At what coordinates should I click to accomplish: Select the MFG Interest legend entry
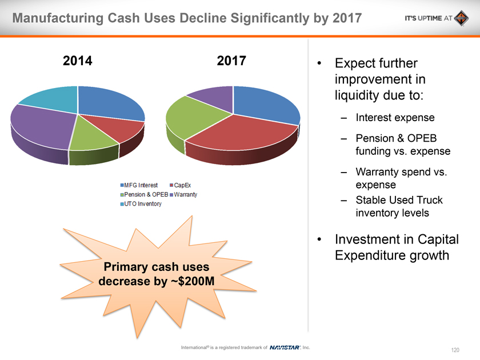pos(140,186)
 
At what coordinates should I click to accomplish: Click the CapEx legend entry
pos(181,186)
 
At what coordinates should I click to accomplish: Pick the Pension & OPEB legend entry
pos(143,195)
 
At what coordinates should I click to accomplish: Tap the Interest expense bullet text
pos(395,118)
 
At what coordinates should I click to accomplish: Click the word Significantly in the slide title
pos(245,18)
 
